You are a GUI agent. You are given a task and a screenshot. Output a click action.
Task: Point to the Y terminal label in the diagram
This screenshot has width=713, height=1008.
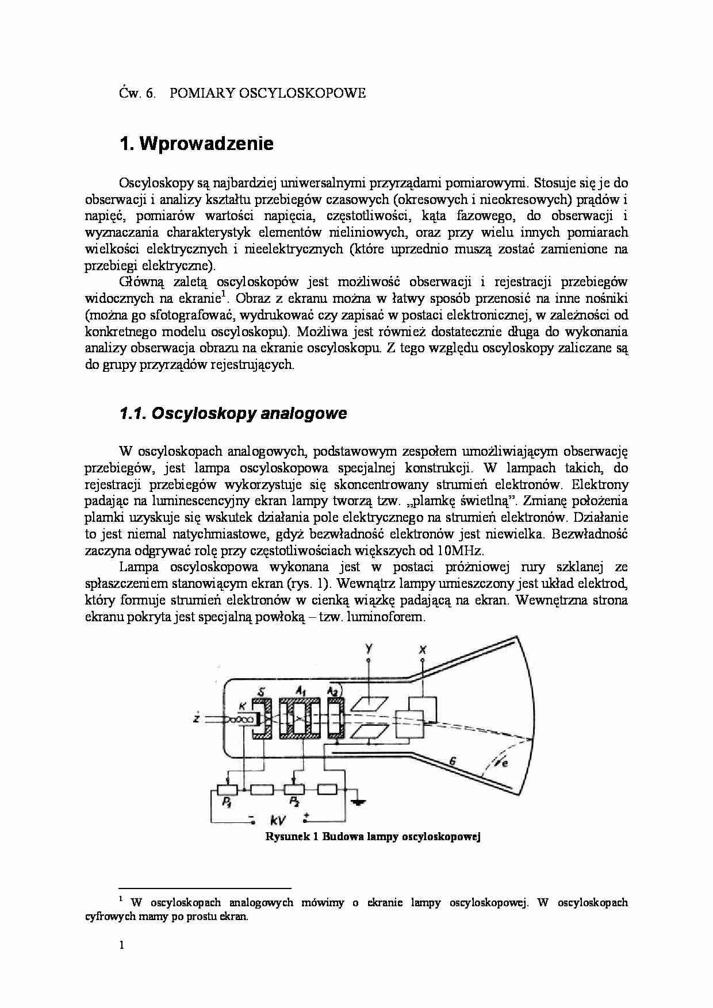(x=369, y=649)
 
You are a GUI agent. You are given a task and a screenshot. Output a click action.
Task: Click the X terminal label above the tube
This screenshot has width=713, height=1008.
(x=423, y=650)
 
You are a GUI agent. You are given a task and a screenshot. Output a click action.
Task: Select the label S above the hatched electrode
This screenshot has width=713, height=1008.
(x=262, y=691)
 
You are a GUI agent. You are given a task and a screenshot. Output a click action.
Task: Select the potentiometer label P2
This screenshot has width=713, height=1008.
(x=294, y=802)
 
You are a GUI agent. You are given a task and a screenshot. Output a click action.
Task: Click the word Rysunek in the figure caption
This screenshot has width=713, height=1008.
(x=286, y=837)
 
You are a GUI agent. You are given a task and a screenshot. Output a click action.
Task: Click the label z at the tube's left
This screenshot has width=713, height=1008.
(x=197, y=718)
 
